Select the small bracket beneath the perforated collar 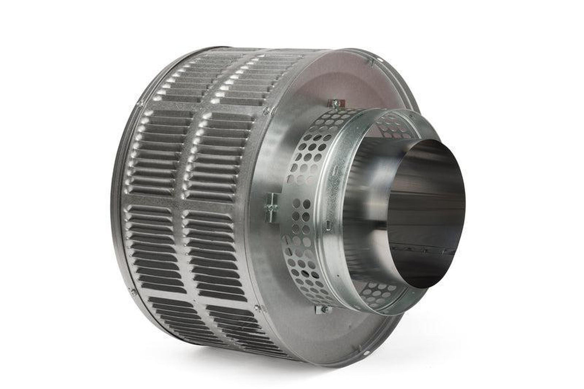click(321, 310)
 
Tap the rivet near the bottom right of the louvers click(257, 309)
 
